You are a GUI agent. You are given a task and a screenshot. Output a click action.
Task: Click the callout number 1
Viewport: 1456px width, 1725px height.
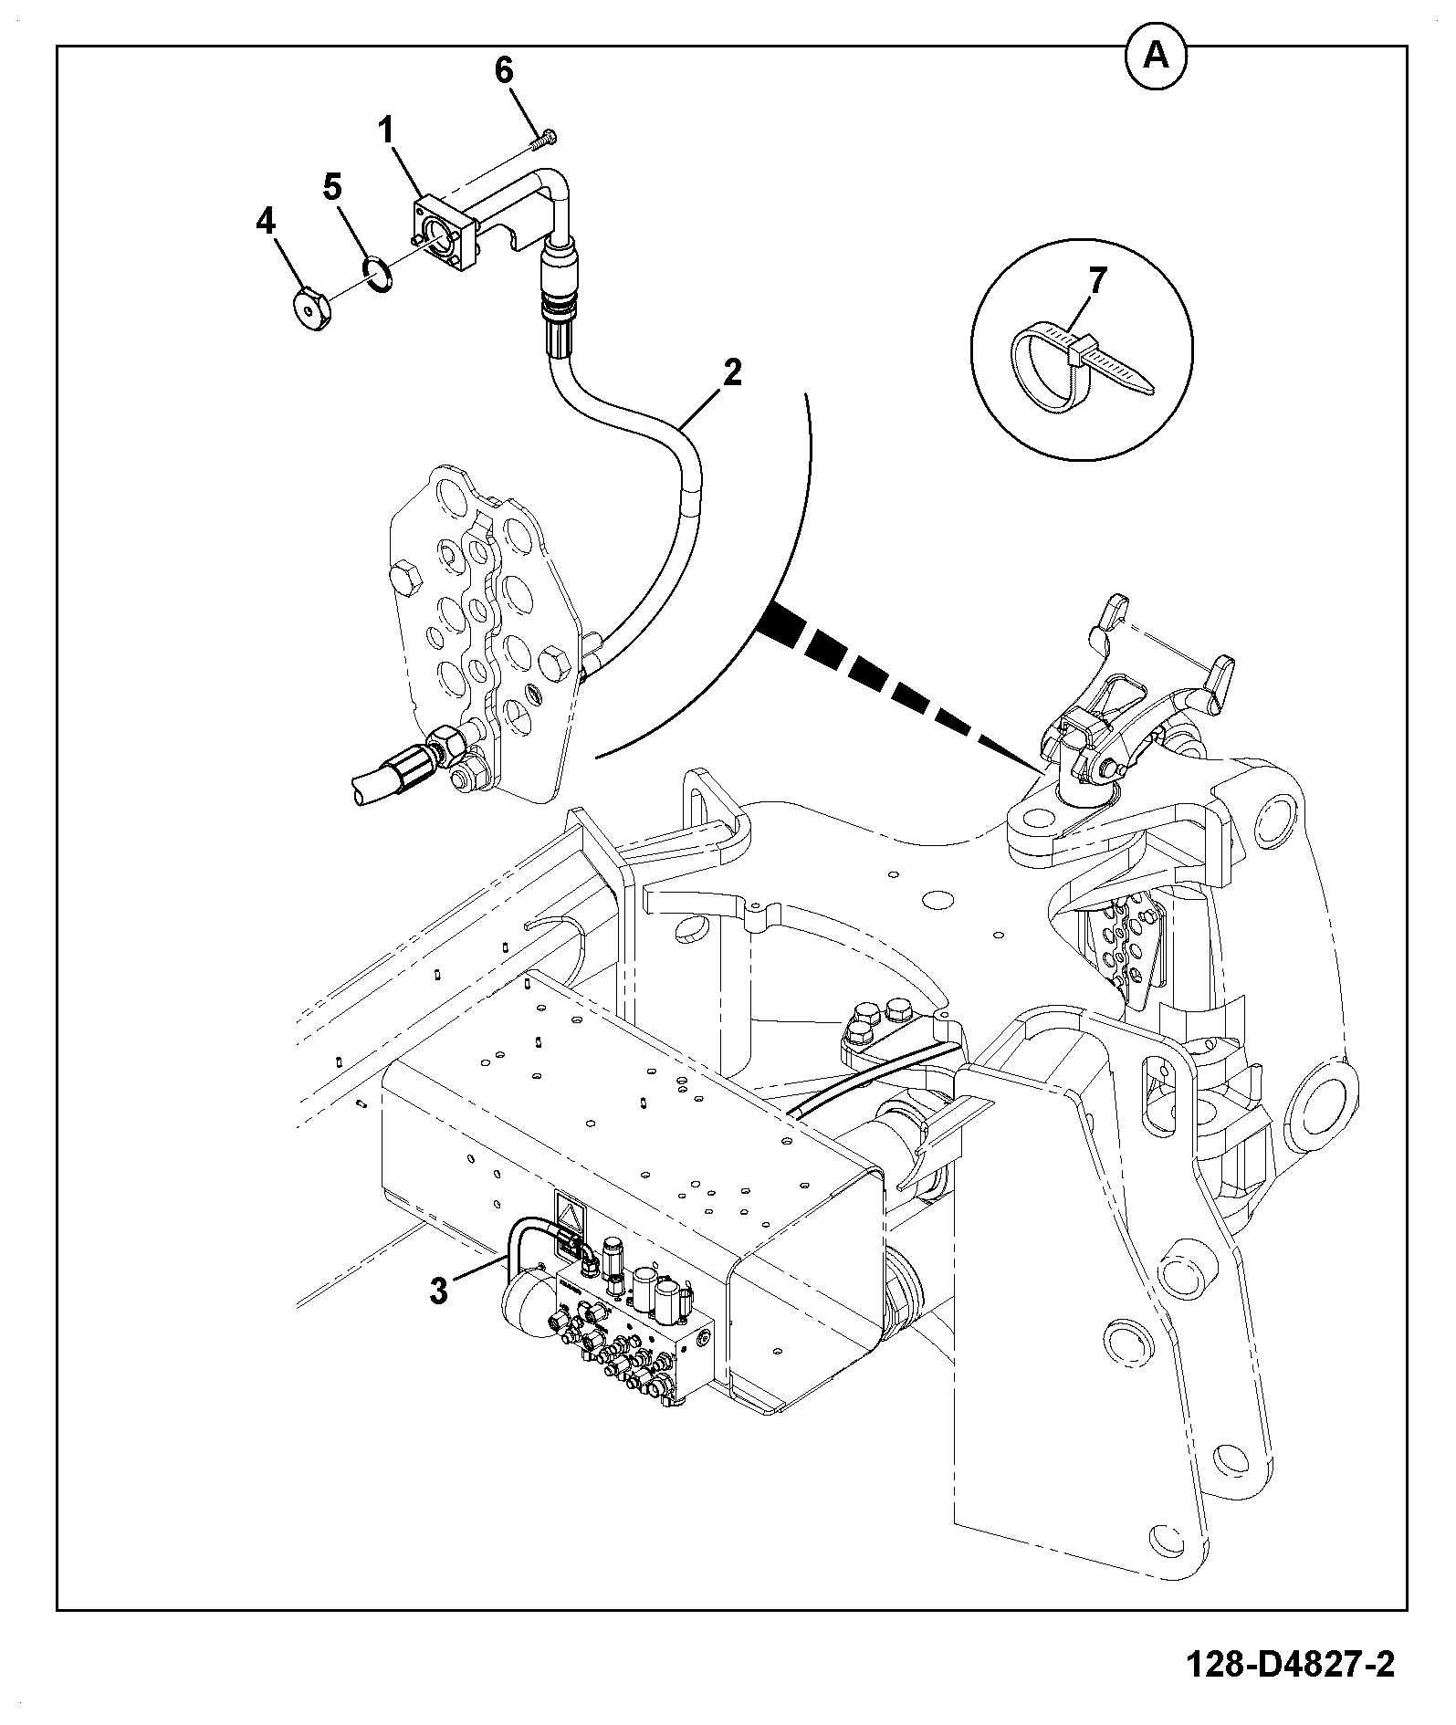(387, 131)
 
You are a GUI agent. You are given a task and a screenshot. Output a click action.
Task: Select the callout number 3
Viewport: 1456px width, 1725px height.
(439, 1291)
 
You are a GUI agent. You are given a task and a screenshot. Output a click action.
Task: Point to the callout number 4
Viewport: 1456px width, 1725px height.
(266, 222)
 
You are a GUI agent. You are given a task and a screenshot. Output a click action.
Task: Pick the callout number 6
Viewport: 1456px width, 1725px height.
(505, 70)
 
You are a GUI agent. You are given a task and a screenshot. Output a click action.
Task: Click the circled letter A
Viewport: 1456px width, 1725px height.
(1156, 57)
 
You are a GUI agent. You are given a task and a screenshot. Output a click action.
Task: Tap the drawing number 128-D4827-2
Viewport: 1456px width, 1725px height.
(1291, 1665)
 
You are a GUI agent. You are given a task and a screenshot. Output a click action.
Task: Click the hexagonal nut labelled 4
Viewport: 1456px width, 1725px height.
(314, 310)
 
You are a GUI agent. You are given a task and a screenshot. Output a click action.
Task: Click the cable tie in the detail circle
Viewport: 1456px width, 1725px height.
(1077, 366)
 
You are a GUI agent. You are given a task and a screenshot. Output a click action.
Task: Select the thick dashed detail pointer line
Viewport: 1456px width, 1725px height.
(899, 684)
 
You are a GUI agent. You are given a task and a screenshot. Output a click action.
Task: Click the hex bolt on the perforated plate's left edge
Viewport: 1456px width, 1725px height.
(404, 580)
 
